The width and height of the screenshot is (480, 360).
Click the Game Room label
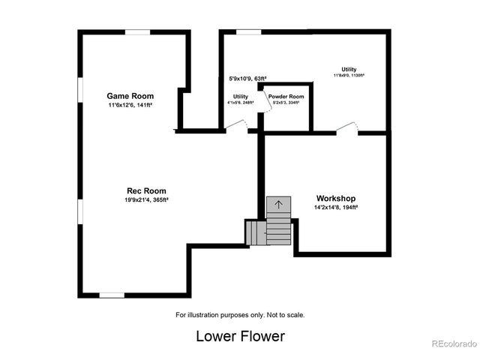click(x=130, y=96)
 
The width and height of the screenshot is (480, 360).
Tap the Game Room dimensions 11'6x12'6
click(x=130, y=106)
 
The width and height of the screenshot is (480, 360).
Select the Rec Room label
click(x=145, y=190)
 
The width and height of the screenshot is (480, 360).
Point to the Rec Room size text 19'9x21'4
click(x=146, y=200)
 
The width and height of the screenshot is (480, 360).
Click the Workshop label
click(x=336, y=199)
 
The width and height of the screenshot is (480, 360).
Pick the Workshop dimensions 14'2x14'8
click(x=336, y=208)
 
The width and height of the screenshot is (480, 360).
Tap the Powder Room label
click(x=286, y=97)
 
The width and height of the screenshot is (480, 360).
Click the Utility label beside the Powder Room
click(x=240, y=97)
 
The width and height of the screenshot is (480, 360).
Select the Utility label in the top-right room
click(x=349, y=69)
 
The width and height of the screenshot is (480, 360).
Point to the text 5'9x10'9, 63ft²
click(x=247, y=78)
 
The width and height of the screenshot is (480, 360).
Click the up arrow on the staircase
click(x=278, y=204)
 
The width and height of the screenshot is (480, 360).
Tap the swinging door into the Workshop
click(x=346, y=129)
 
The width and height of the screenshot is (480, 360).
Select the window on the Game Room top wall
click(x=136, y=32)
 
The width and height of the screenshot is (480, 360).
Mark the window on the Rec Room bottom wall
click(x=112, y=295)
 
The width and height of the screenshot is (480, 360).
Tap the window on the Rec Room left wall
click(x=79, y=210)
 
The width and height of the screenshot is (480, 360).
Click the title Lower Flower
click(x=240, y=336)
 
